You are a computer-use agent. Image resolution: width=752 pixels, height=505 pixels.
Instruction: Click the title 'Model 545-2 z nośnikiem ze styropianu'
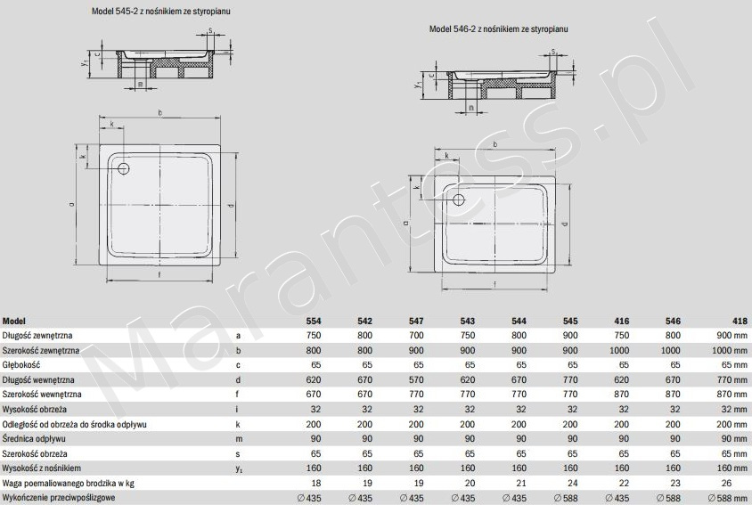[160, 11]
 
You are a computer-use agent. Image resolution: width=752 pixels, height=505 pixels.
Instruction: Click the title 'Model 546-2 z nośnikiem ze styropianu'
[498, 29]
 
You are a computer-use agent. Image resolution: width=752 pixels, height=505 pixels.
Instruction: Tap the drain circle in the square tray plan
[124, 168]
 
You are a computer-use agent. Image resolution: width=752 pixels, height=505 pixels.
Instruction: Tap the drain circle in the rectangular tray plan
[459, 200]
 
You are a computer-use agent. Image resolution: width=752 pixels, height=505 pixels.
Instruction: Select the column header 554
[314, 321]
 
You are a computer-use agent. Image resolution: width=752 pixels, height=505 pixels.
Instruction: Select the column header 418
[740, 321]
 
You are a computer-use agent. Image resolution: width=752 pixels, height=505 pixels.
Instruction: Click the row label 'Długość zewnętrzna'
[37, 335]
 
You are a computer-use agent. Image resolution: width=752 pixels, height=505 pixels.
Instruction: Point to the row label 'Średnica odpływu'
[34, 439]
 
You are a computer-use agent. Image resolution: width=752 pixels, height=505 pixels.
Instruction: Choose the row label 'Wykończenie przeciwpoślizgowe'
[59, 497]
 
